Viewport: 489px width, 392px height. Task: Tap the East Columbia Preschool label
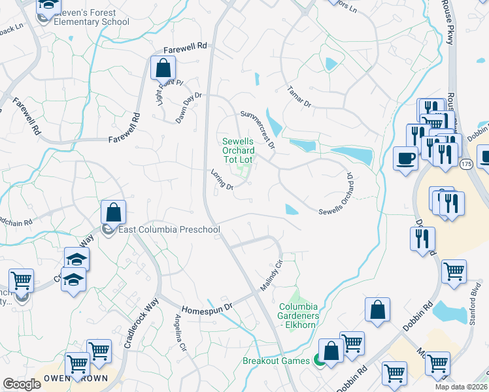pyautogui.click(x=169, y=229)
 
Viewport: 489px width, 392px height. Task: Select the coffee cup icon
pyautogui.click(x=405, y=157)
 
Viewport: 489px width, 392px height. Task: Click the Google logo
pyautogui.click(x=22, y=384)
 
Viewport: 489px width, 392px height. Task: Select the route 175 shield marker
pyautogui.click(x=465, y=163)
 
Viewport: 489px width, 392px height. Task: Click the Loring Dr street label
pyautogui.click(x=222, y=180)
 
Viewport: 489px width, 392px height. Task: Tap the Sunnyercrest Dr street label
pyautogui.click(x=258, y=129)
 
